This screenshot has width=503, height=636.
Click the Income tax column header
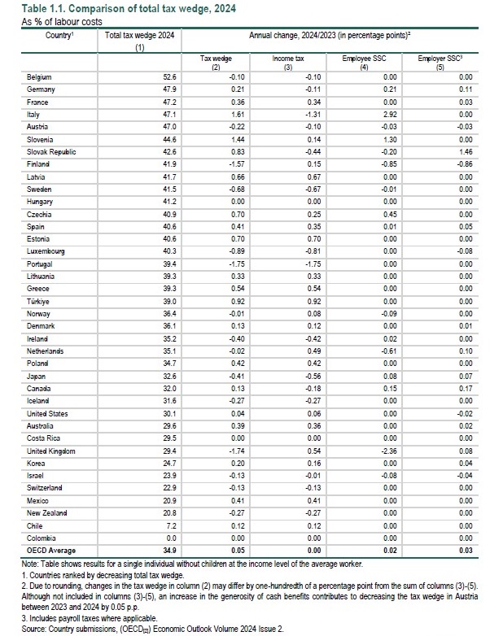[287, 60]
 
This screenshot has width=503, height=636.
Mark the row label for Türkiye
[39, 302]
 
